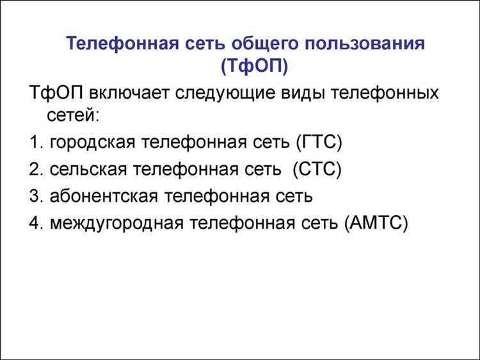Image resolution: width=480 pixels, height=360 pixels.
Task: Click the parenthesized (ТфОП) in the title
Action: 253,65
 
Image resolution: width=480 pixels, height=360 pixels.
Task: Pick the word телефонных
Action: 385,94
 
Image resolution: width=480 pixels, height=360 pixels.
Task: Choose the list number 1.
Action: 35,142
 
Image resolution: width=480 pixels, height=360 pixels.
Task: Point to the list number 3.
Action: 35,196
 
